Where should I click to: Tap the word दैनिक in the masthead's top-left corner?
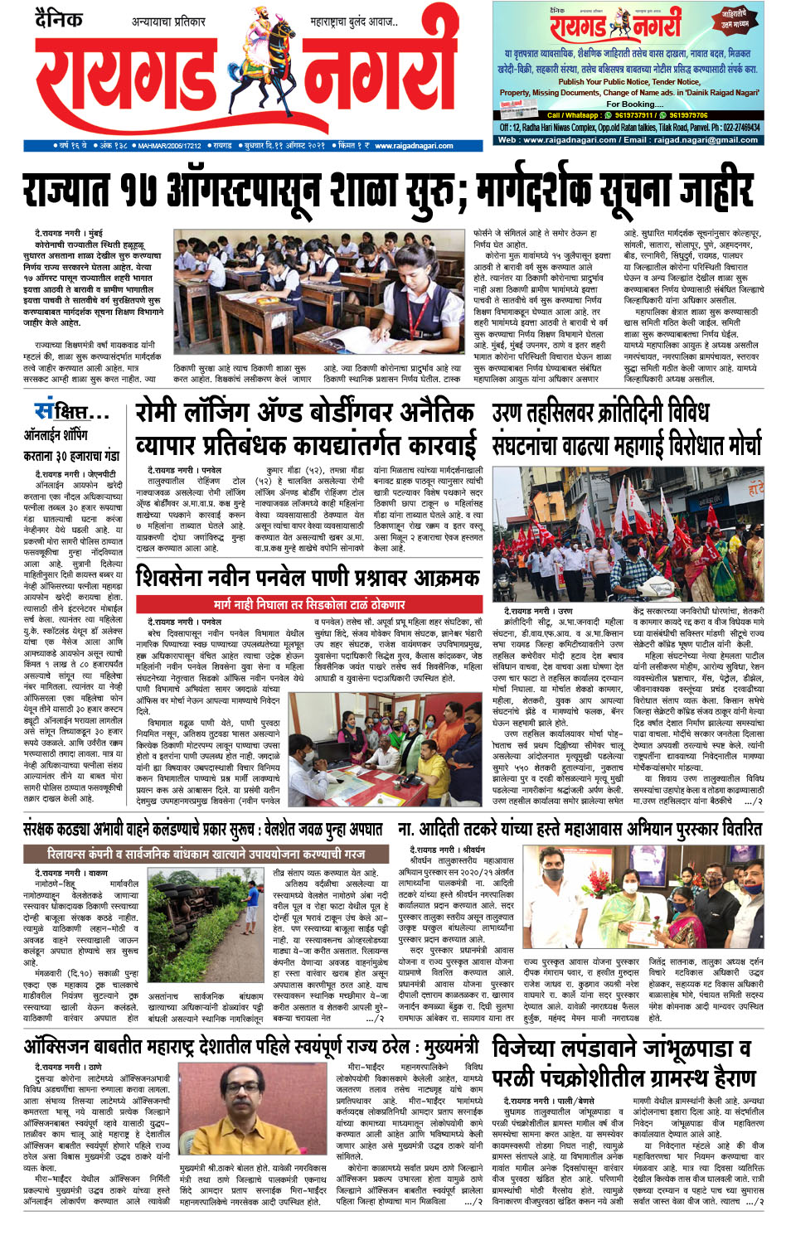59,18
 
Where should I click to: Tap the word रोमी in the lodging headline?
163,413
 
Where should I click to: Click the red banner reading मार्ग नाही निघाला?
309,605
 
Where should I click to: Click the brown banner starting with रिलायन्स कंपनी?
206,853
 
